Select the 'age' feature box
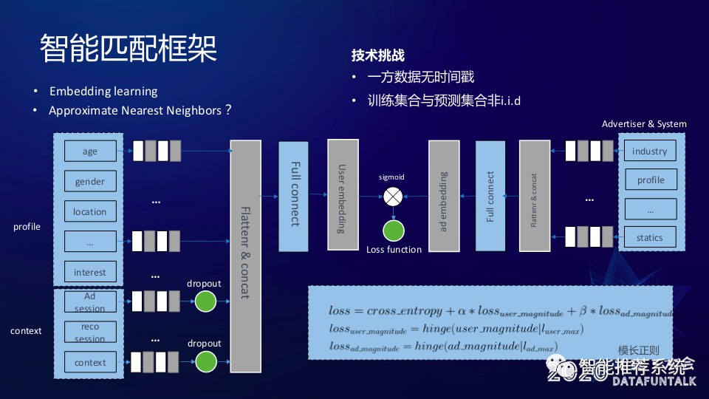(90, 151)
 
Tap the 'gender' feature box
(90, 182)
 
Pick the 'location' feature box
(90, 211)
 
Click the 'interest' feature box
(90, 272)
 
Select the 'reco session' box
(90, 332)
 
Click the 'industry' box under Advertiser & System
(650, 151)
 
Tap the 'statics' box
(650, 237)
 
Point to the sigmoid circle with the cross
(393, 197)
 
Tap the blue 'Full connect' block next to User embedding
(294, 195)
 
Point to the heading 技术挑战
(377, 55)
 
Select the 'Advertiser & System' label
(644, 124)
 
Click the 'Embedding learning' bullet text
(103, 92)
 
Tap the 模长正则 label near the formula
(638, 350)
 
